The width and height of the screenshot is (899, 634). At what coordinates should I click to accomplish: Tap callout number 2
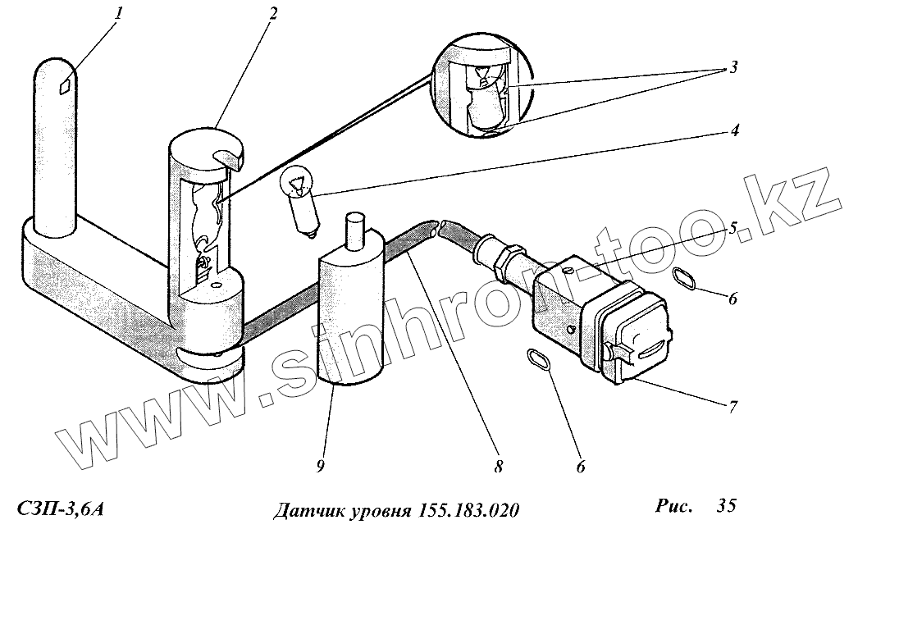(272, 13)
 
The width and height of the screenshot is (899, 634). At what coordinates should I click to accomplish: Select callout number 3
(732, 67)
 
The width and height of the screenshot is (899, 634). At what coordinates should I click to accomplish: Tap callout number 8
(498, 467)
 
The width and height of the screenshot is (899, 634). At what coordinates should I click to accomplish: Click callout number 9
(321, 467)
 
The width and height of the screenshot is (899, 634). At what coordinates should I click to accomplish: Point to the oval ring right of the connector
(687, 279)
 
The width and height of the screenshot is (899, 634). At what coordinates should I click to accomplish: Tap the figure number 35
(726, 506)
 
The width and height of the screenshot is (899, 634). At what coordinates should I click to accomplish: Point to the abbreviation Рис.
(674, 506)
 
